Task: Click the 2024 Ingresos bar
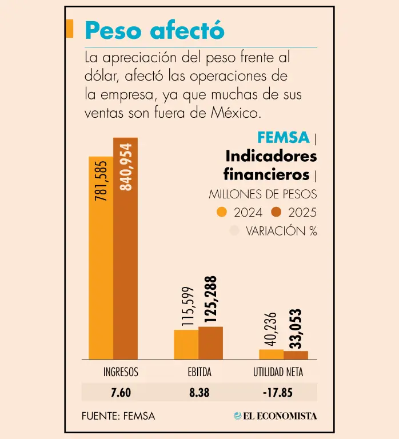[x=101, y=257]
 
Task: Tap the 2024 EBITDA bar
[x=186, y=344]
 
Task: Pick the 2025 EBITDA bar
[x=210, y=343]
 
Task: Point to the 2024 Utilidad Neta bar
[x=271, y=354]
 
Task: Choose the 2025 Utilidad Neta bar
[x=296, y=355]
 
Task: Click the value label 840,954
[x=126, y=167]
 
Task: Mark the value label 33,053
[x=296, y=329]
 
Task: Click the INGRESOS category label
[x=121, y=373]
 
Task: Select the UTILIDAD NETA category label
[x=278, y=373]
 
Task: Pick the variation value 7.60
[x=121, y=392]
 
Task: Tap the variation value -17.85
[x=278, y=392]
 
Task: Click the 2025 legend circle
[x=277, y=212]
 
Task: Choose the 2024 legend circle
[x=222, y=212]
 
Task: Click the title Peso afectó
[x=154, y=30]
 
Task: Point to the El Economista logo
[x=276, y=416]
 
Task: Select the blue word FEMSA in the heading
[x=283, y=137]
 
